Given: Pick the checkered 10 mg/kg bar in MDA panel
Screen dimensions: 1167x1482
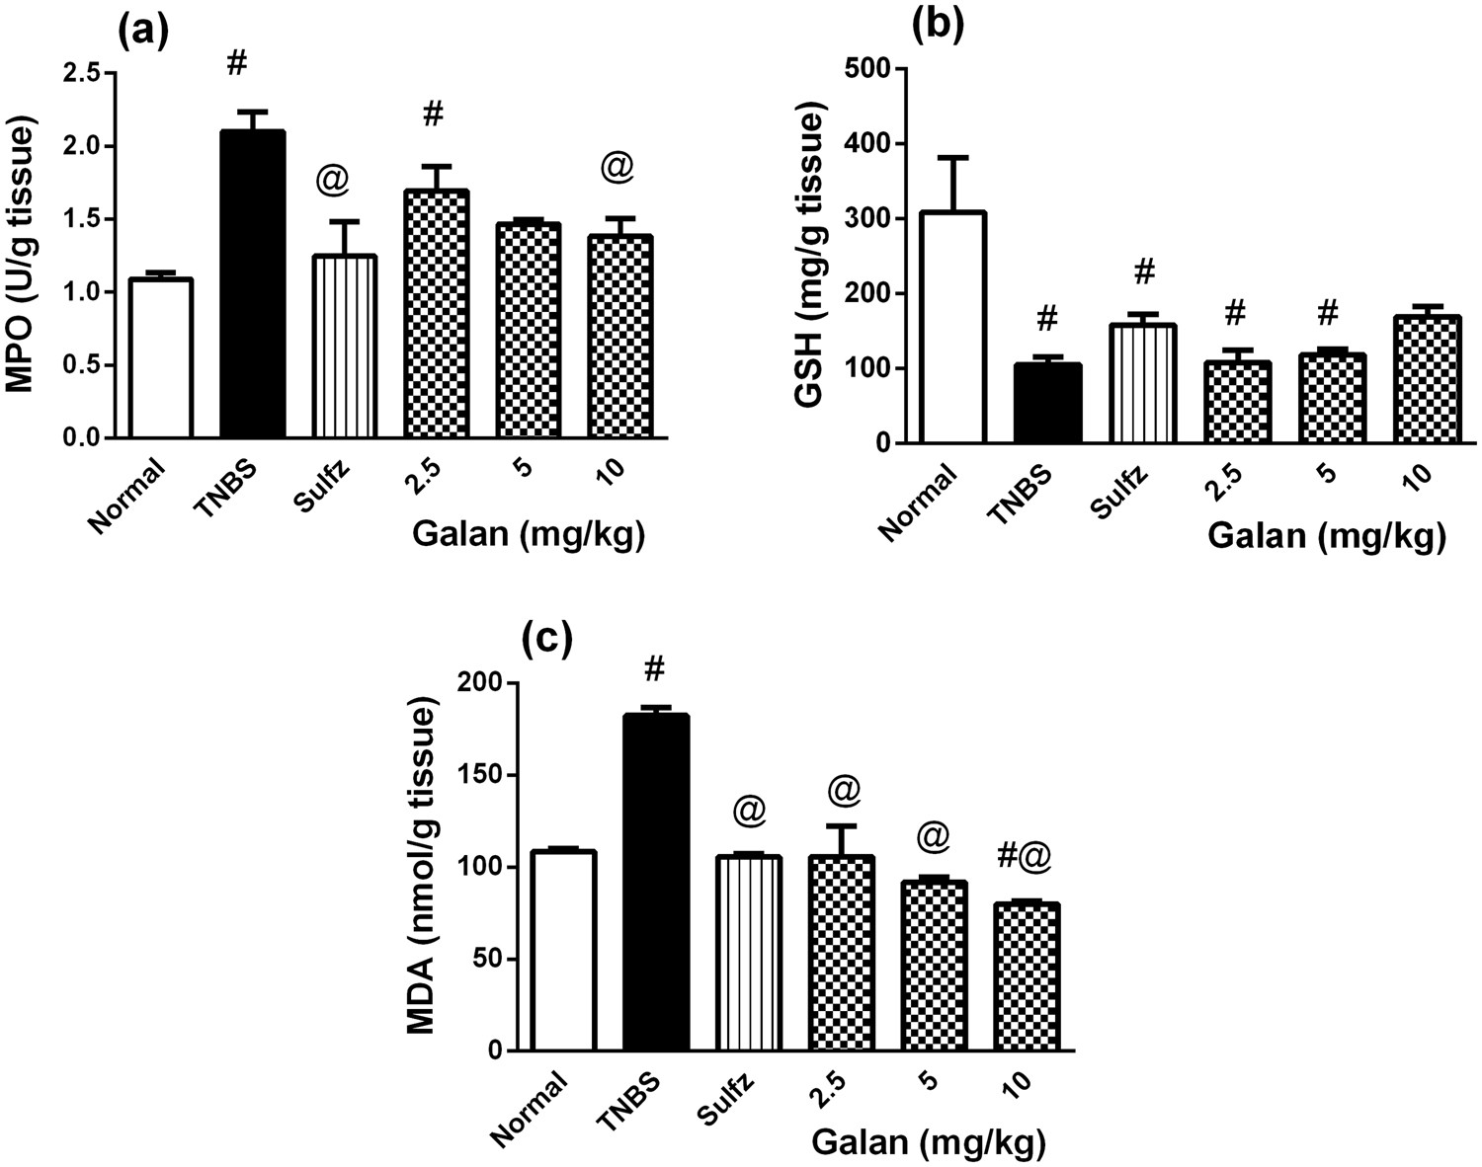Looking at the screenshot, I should tap(1028, 976).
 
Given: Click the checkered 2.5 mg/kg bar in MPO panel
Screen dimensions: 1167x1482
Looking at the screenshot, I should tap(436, 314).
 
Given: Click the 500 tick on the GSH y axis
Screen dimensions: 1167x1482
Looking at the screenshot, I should tap(868, 69).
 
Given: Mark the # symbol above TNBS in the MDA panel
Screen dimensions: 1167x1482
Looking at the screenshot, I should tap(653, 669).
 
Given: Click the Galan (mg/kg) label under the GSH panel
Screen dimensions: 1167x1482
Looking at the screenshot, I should tap(1327, 537).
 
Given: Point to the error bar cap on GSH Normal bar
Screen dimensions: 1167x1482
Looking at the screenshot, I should tap(953, 157).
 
